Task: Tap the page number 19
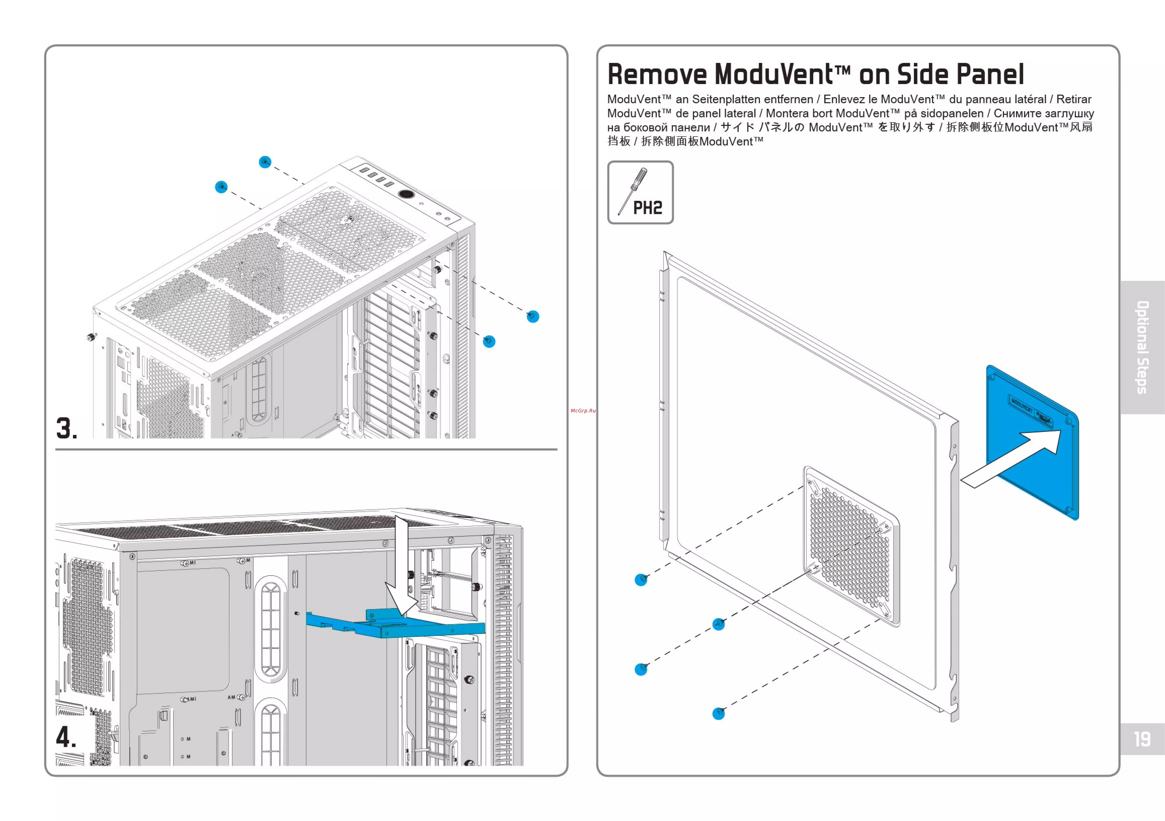tap(1142, 739)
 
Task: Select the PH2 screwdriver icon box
tap(640, 192)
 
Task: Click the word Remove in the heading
tap(657, 75)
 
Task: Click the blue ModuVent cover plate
tap(1032, 441)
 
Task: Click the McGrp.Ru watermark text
tap(582, 410)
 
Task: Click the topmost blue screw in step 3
tap(265, 162)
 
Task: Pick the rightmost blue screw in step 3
tap(533, 317)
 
